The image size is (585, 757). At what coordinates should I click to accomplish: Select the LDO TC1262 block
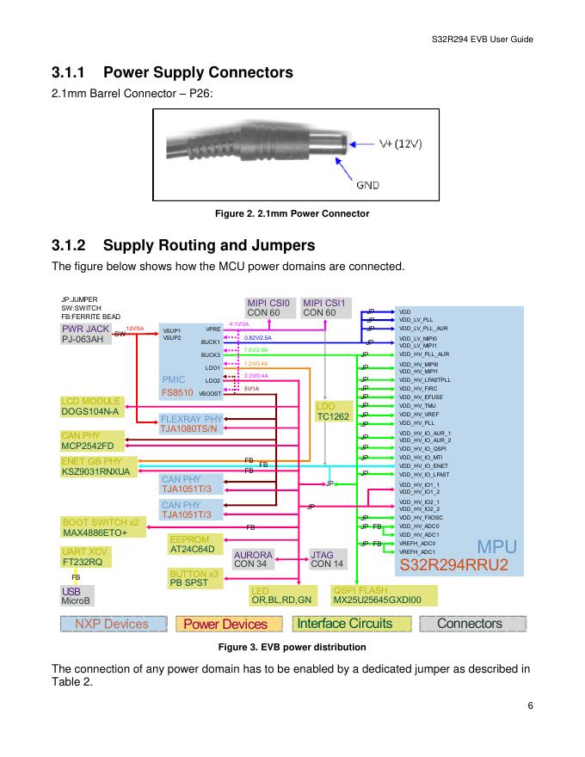point(332,411)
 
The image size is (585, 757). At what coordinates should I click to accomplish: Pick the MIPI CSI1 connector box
point(324,307)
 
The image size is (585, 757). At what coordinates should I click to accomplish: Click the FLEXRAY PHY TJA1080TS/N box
point(191,423)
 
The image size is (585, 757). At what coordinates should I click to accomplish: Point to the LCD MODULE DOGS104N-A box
point(90,407)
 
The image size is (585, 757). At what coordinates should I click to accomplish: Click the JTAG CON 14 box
point(327,559)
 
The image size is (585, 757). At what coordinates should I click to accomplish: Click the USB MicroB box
point(76,595)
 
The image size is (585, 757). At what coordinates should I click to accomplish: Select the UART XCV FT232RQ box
point(84,557)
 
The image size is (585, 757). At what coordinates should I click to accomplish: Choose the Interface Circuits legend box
point(344,624)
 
